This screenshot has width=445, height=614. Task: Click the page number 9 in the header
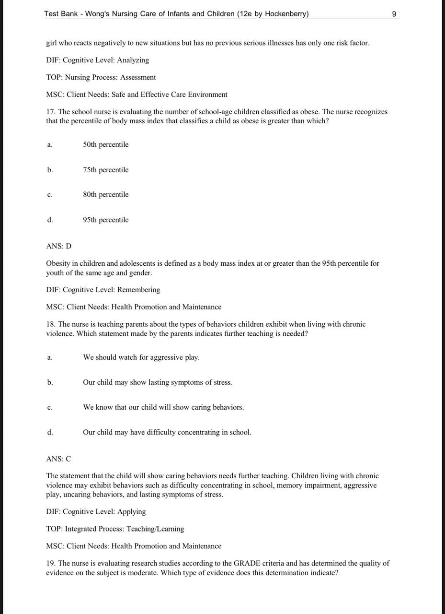click(394, 14)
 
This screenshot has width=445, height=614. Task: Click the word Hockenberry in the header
click(285, 14)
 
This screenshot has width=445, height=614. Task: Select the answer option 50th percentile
click(105, 144)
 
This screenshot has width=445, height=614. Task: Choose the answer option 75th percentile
click(105, 170)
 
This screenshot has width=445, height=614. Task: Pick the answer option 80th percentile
click(105, 194)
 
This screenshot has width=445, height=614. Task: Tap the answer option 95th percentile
click(105, 220)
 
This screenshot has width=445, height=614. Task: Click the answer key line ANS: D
click(58, 246)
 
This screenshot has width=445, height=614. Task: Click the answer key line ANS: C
click(58, 459)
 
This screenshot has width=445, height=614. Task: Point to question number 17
click(50, 112)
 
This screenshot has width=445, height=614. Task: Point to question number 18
click(50, 324)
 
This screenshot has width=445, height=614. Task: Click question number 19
click(50, 563)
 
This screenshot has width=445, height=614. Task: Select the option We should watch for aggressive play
click(141, 357)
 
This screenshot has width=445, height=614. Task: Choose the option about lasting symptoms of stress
click(157, 382)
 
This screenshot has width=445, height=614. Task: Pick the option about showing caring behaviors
click(163, 407)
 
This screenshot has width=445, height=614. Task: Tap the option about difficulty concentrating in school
click(167, 432)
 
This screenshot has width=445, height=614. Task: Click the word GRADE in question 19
click(247, 563)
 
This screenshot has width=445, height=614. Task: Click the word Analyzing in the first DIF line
click(133, 60)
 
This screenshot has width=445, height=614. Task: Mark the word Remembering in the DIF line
click(138, 290)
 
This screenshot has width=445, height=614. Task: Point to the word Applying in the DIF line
click(131, 511)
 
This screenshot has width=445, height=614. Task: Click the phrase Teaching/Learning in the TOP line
click(155, 529)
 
